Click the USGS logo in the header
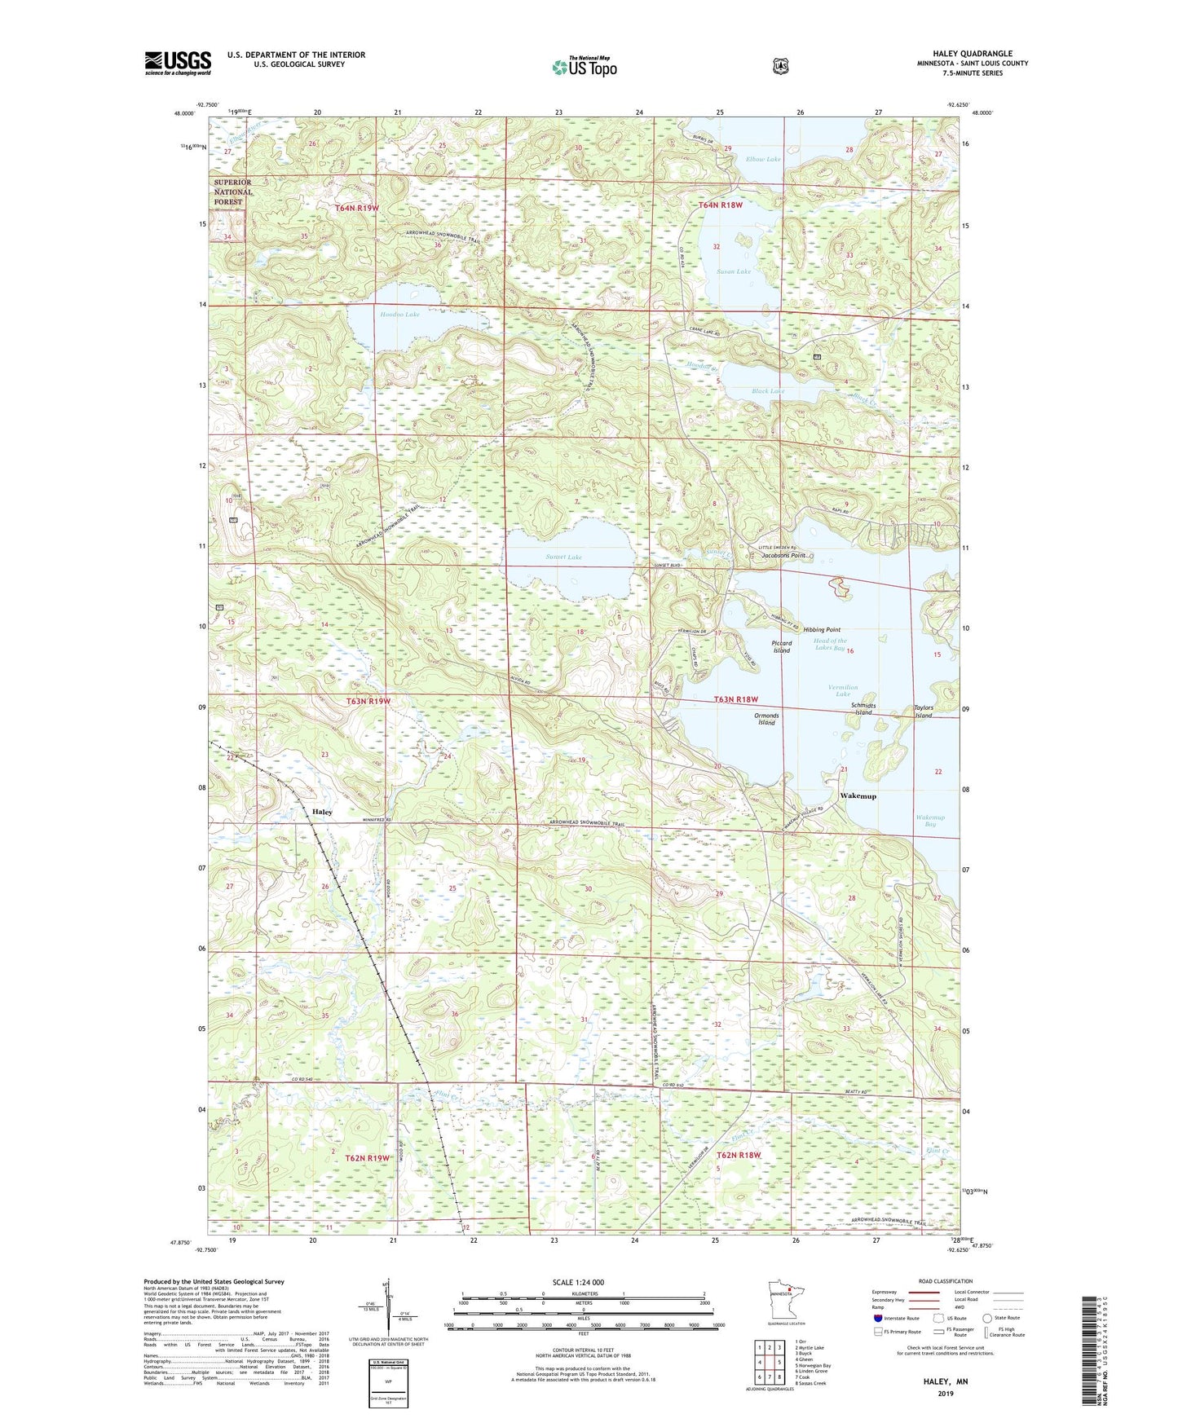tap(178, 63)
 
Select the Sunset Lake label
tap(564, 557)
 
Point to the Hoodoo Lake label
tap(399, 314)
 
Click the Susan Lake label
tap(734, 271)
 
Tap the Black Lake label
tap(768, 391)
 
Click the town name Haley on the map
tap(322, 812)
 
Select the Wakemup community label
tap(858, 796)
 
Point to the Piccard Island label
tap(782, 646)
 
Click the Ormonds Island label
tap(766, 719)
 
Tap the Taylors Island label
tap(923, 711)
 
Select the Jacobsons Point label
tap(783, 555)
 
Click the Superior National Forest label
tap(233, 192)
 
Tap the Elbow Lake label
tap(763, 159)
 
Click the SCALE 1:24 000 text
tap(578, 1282)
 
